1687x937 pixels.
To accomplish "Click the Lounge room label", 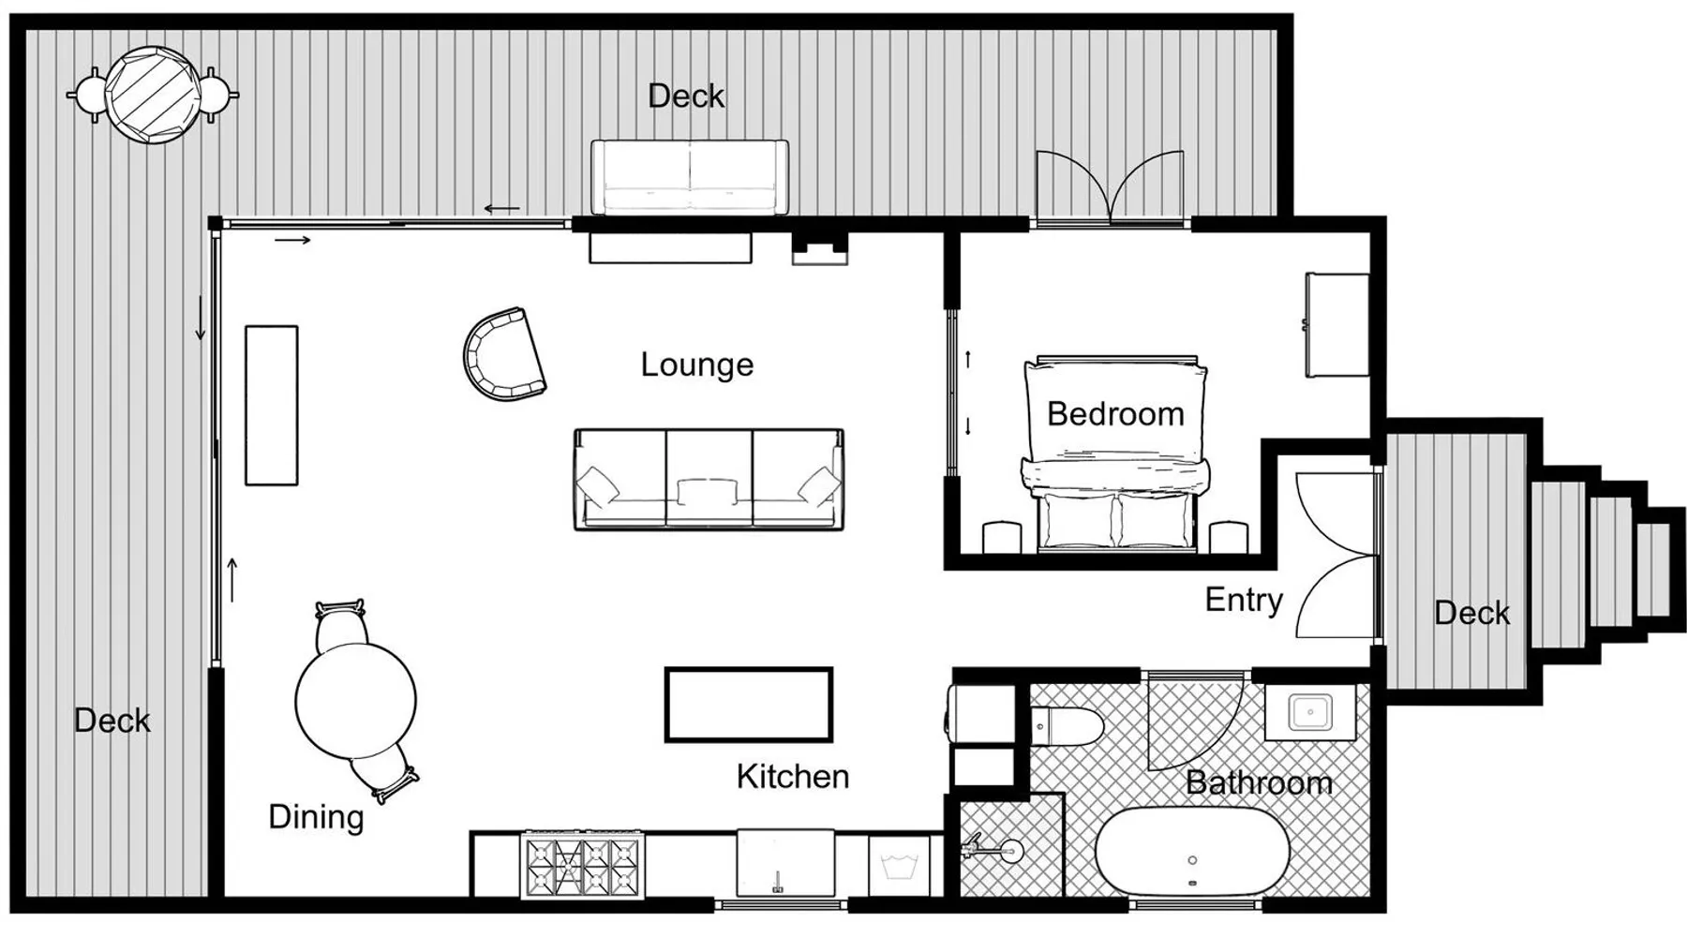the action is [x=696, y=364].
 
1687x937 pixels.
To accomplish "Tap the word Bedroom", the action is [x=1115, y=413].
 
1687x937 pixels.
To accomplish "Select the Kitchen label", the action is [x=793, y=776].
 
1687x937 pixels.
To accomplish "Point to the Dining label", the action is [x=316, y=817].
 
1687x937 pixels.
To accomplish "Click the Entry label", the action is [x=1244, y=600].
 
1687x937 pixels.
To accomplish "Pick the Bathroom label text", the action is [x=1259, y=782].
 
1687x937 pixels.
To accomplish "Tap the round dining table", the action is [x=355, y=700].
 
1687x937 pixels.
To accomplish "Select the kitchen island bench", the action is [x=749, y=705].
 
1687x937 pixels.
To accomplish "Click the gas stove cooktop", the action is [x=582, y=865].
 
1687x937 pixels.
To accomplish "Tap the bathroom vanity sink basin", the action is [x=1310, y=712].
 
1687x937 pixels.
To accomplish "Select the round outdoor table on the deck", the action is [x=153, y=95].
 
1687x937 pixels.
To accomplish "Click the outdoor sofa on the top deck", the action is [x=690, y=177].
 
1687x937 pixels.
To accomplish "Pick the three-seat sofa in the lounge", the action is [x=709, y=480].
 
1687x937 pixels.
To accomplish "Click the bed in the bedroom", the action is [x=1115, y=454].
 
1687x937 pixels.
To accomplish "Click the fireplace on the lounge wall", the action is [x=820, y=248].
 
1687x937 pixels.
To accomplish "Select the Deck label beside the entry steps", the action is [x=1472, y=613].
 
